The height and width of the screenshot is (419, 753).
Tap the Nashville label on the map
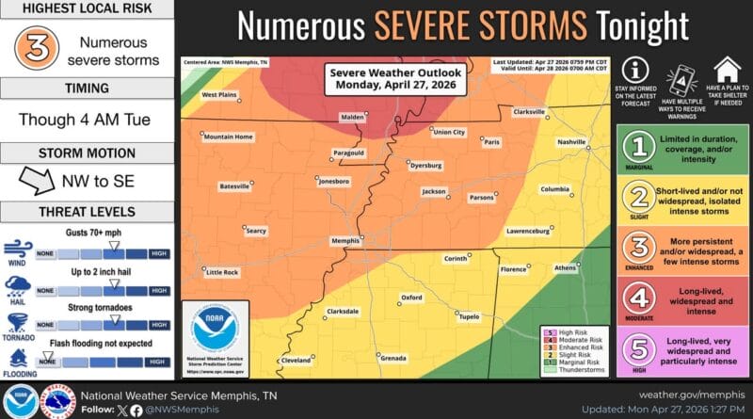(571, 141)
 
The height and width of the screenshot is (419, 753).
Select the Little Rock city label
(222, 271)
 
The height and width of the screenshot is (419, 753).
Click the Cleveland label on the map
(296, 360)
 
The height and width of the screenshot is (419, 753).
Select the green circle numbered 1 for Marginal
(640, 148)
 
